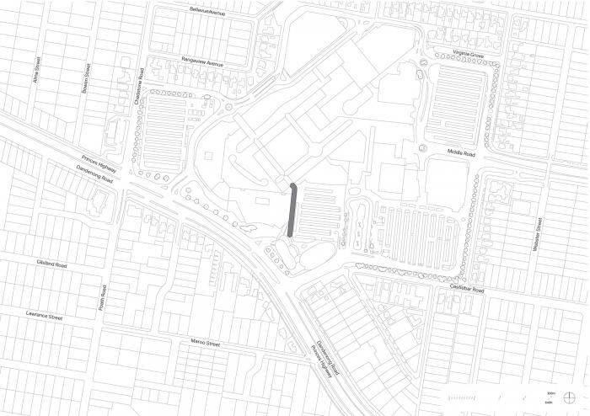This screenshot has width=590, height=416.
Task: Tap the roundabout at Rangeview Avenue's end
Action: click(229, 108)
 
